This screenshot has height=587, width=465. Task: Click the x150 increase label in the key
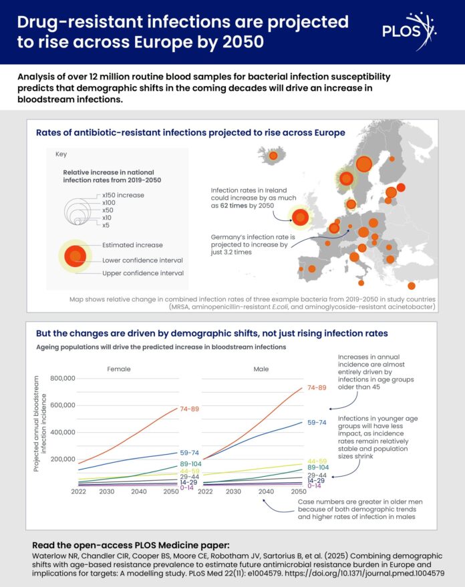pyautogui.click(x=124, y=195)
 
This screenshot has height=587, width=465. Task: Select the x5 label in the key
pyautogui.click(x=106, y=225)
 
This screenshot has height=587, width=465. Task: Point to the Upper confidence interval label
pyautogui.click(x=142, y=274)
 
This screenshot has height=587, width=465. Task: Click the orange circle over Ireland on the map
pyautogui.click(x=301, y=217)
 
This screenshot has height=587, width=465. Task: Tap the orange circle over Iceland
pyautogui.click(x=273, y=157)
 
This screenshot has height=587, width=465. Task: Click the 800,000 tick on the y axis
pyautogui.click(x=57, y=379)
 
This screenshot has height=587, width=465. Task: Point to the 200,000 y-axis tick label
pyautogui.click(x=57, y=459)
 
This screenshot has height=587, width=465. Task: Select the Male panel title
pyautogui.click(x=262, y=369)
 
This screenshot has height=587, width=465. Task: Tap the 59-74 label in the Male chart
pyautogui.click(x=317, y=423)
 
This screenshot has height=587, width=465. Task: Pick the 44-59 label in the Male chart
pyautogui.click(x=317, y=461)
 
